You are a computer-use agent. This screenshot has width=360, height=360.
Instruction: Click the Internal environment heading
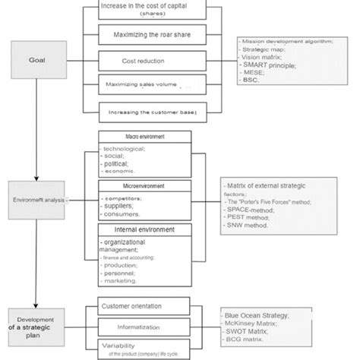144,229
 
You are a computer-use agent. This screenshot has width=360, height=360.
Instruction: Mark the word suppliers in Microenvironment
122,206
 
